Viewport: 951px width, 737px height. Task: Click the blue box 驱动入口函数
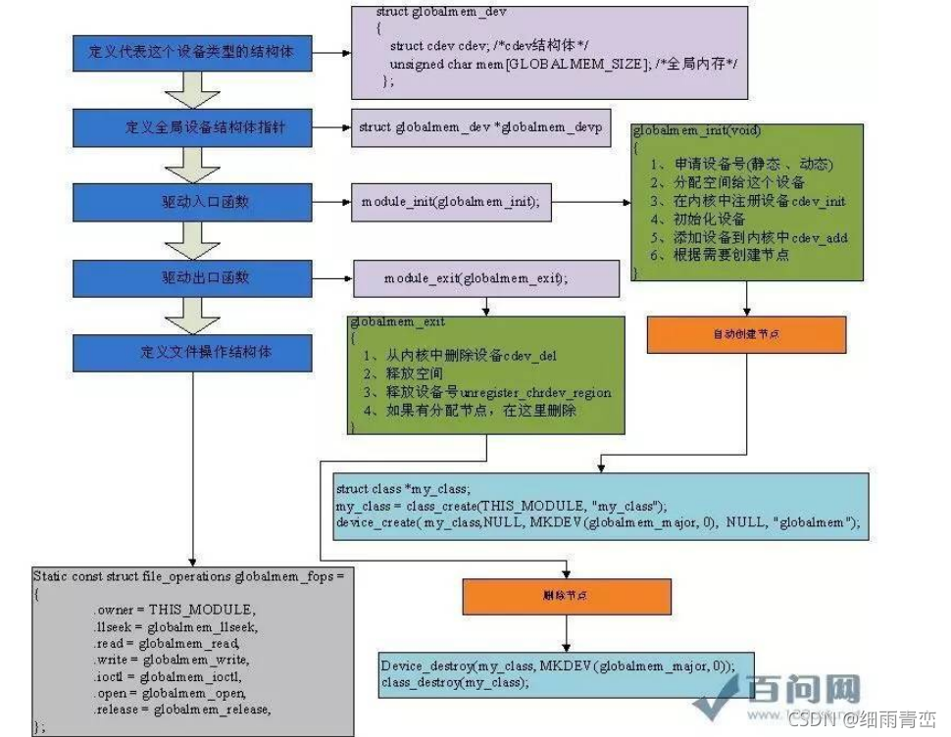click(192, 202)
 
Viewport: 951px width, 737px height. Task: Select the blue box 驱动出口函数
click(192, 277)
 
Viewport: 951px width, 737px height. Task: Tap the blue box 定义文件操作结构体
click(192, 351)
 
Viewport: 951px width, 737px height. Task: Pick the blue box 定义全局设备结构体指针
click(192, 128)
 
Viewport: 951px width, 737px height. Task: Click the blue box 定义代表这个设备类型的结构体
click(192, 53)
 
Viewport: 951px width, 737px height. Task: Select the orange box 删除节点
click(564, 595)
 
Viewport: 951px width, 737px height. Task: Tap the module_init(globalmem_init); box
click(450, 202)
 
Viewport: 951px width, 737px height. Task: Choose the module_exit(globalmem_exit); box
click(475, 278)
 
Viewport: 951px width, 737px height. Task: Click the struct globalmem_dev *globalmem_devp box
click(479, 128)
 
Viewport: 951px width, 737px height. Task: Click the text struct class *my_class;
click(403, 488)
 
